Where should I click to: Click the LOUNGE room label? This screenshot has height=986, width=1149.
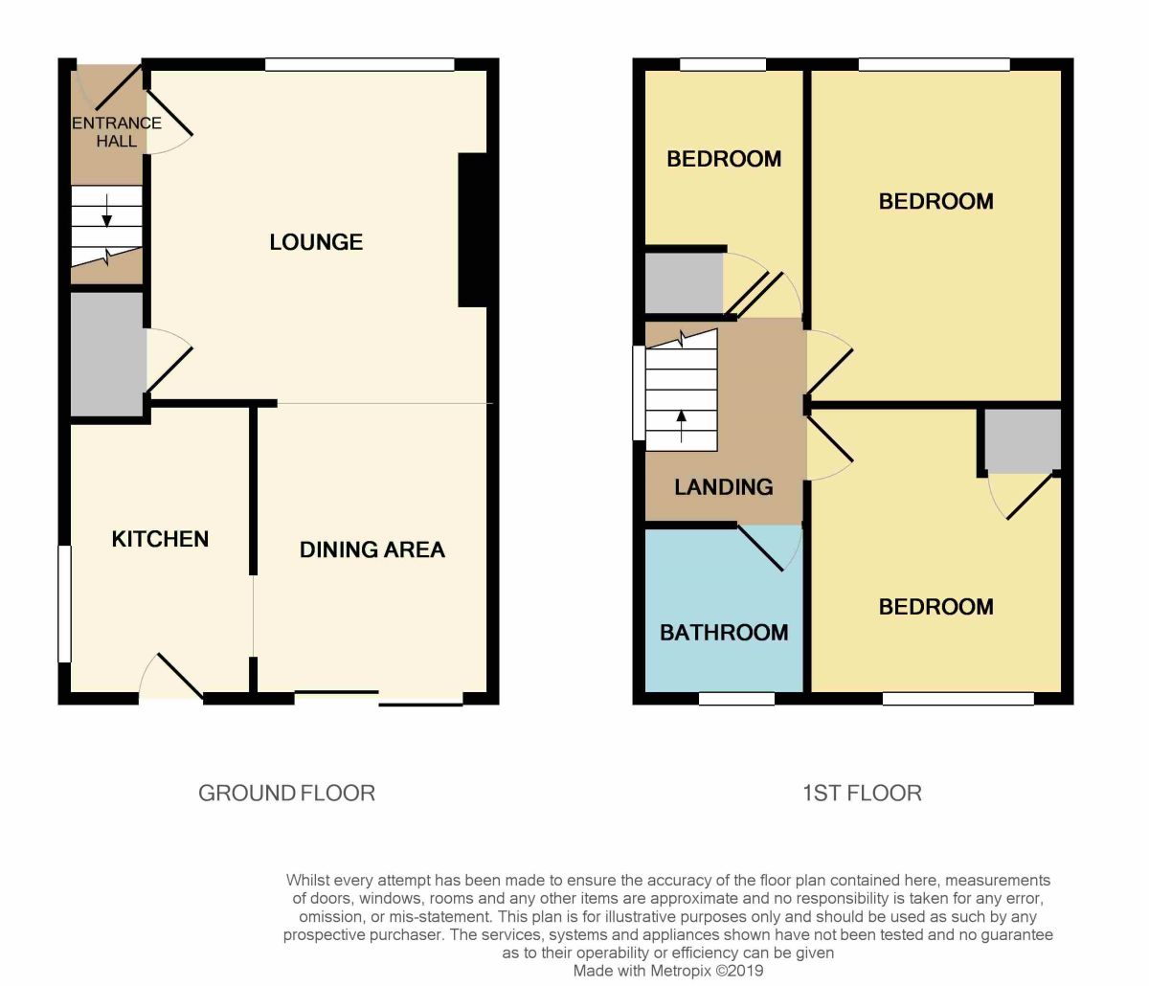click(x=316, y=242)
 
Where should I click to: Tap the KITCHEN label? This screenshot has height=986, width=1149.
click(x=160, y=539)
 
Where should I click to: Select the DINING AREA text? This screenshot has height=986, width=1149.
click(x=372, y=549)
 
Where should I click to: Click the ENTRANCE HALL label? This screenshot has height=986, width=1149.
click(x=116, y=131)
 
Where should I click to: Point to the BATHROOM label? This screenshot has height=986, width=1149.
click(x=724, y=633)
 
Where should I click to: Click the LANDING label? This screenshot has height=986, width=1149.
click(x=723, y=487)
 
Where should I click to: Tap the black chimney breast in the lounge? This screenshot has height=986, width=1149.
click(x=473, y=230)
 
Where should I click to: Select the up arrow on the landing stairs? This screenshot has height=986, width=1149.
click(x=682, y=424)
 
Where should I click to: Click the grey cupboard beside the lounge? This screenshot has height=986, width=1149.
click(x=106, y=354)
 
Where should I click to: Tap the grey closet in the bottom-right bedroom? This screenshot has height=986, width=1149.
click(x=1023, y=439)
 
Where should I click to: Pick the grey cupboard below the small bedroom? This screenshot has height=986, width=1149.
click(x=683, y=282)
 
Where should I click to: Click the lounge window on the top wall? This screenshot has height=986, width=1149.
click(x=359, y=65)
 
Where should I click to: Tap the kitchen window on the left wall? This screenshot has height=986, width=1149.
click(x=64, y=603)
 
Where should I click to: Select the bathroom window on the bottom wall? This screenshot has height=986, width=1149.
click(x=735, y=700)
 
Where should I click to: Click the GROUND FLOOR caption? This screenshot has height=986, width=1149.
click(x=286, y=793)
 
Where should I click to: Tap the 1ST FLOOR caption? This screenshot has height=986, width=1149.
click(x=861, y=793)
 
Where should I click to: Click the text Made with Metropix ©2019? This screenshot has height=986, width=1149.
click(x=667, y=971)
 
